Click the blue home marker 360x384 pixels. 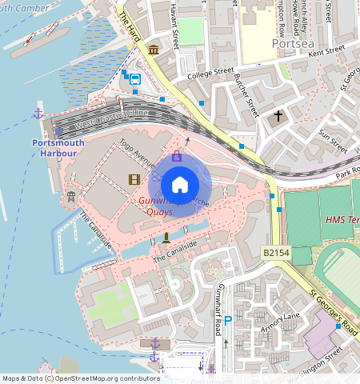point(180,185)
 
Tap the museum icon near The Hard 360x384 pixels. point(153,50)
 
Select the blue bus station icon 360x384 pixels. point(135,79)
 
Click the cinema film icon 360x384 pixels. point(134,179)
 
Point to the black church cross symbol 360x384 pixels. point(278,116)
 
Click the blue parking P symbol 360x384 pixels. point(227,320)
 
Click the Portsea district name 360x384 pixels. point(290,43)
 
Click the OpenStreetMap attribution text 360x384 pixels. point(70,378)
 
